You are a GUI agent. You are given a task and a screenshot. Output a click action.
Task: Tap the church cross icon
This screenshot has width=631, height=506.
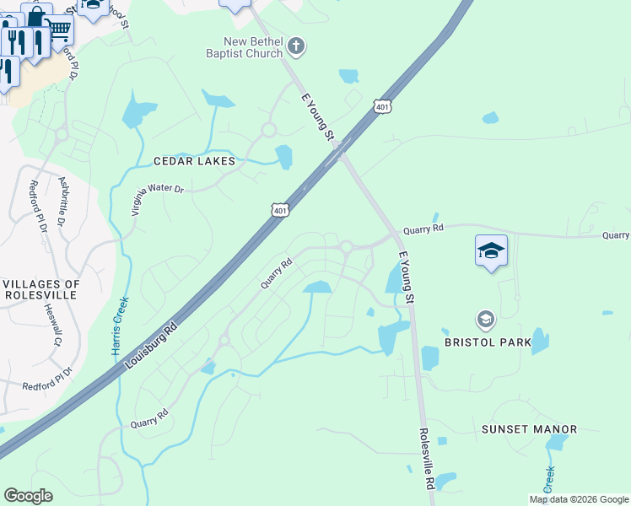coord(295,45)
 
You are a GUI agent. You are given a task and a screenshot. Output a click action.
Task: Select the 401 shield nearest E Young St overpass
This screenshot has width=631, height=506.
coord(383,106)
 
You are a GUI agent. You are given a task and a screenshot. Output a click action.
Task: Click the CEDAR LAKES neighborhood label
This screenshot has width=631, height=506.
coord(193,160)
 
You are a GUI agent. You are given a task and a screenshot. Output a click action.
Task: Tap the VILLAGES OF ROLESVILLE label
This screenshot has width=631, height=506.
coord(41,289)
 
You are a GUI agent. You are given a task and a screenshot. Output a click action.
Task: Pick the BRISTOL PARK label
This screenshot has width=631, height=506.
coord(488,342)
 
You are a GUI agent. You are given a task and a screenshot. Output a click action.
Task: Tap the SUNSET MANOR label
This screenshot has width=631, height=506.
coord(529,429)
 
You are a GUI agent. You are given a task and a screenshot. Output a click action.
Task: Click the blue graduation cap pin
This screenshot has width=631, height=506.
coord(491,250)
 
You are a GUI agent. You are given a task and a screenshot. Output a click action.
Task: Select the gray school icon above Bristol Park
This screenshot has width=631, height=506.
coord(485,320)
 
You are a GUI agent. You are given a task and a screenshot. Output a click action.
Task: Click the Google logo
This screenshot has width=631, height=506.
coord(28,495)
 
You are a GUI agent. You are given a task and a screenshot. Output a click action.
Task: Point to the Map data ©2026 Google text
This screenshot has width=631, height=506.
coord(578,499)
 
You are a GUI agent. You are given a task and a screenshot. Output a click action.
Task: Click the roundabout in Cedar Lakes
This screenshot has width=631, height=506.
coord(269,130)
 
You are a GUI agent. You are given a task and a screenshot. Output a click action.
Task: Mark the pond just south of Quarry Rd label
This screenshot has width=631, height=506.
coord(317,288)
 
